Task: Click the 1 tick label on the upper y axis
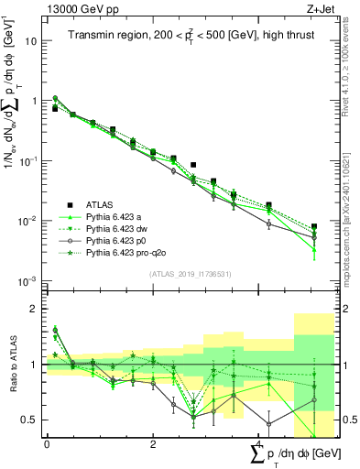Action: (x=35, y=101)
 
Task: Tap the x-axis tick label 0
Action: (x=47, y=444)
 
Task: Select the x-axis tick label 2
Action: (x=149, y=444)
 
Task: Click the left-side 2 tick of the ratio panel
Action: (x=35, y=309)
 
